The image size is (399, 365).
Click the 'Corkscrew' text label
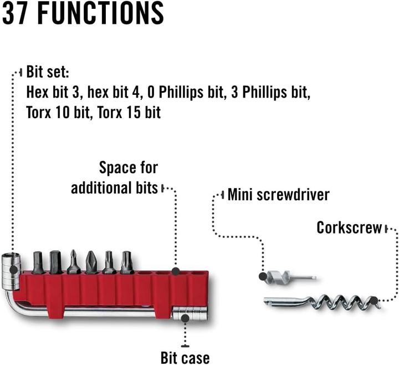[349, 227]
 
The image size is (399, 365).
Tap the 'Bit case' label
[185, 357]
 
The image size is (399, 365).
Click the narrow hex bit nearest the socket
[38, 262]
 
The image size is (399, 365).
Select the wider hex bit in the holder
[55, 261]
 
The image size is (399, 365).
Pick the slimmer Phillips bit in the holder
[74, 262]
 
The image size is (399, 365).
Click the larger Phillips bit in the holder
[91, 262]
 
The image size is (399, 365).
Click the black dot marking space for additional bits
[176, 271]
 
